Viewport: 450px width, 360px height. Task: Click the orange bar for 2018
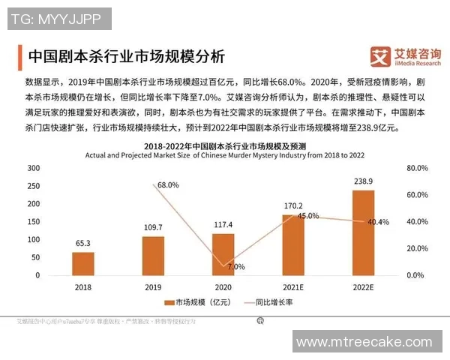[x=83, y=263]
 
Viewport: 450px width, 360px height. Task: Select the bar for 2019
[x=153, y=256]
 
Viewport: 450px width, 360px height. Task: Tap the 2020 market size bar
[x=223, y=254]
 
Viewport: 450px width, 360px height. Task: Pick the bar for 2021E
[x=292, y=244]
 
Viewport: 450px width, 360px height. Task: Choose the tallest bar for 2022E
[x=363, y=232]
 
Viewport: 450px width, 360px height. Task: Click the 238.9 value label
[x=363, y=182]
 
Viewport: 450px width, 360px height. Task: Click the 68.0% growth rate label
[x=168, y=184]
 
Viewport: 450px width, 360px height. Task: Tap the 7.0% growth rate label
[x=235, y=266]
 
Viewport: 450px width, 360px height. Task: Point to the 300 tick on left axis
[x=33, y=168]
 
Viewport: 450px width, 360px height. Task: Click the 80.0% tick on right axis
[x=415, y=168]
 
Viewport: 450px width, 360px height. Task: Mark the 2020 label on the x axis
[x=223, y=286]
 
